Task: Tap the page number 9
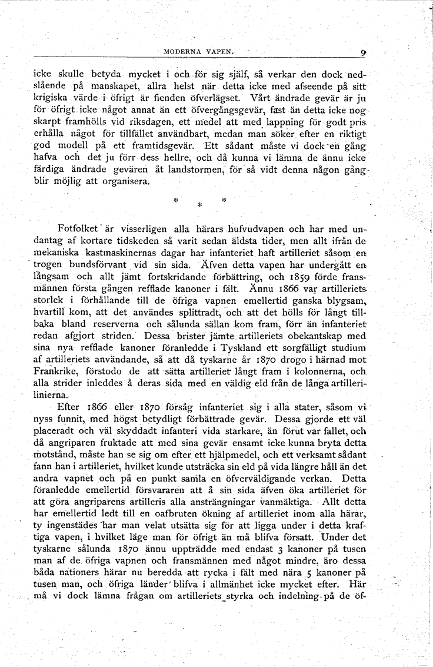pyautogui.click(x=364, y=53)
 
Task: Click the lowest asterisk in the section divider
pyautogui.click(x=199, y=205)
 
